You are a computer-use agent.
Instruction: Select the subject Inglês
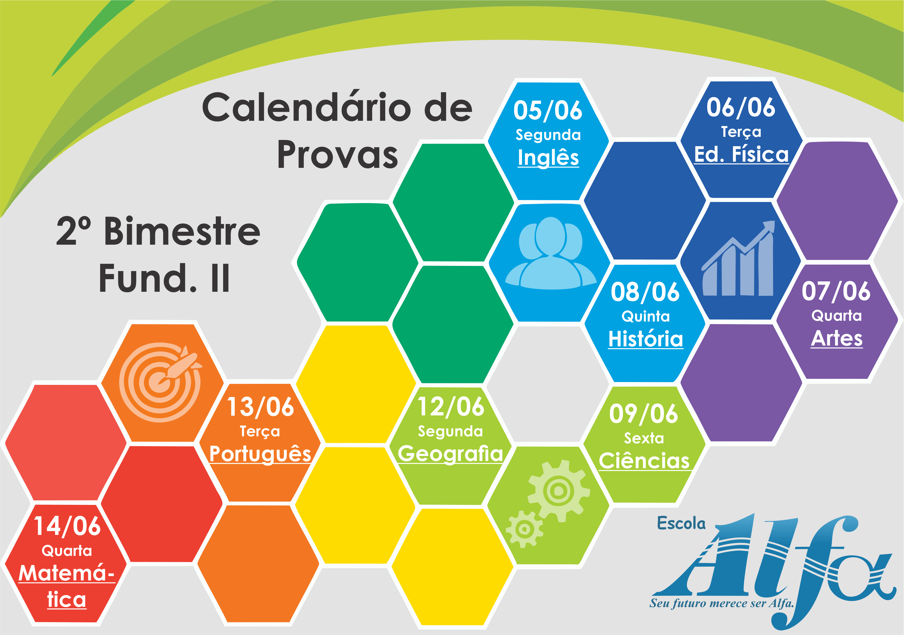click(548, 158)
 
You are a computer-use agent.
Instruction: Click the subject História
click(646, 339)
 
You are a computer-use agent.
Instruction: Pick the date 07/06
click(836, 291)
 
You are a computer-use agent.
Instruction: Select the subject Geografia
click(450, 453)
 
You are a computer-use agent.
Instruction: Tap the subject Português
click(260, 453)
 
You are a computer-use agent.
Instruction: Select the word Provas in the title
click(337, 155)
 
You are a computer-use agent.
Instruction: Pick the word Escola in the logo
click(681, 523)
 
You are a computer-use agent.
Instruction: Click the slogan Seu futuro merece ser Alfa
click(722, 603)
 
